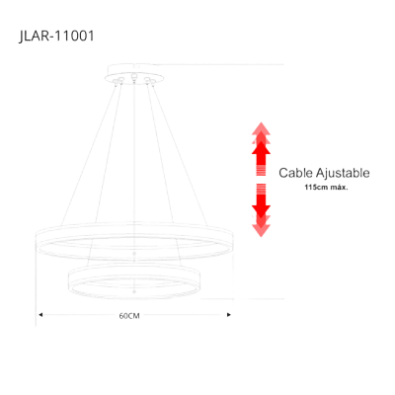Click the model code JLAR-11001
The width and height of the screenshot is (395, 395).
coord(56,36)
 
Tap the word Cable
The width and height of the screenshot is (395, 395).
coord(295,173)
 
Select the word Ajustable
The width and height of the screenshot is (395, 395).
coord(343,173)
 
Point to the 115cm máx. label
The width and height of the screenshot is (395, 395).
coord(326,188)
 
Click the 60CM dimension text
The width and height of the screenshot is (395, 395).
coord(129,316)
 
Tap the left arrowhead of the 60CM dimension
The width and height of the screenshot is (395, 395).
coord(40,315)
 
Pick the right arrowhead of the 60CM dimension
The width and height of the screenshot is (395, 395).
coord(229,315)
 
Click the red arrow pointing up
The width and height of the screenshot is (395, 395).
coord(261,149)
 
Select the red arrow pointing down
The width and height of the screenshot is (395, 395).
coord(261,210)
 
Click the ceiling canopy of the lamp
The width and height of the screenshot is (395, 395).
coord(133,74)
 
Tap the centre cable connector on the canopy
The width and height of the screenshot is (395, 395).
coord(133,78)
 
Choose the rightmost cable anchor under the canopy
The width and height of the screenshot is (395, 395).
coord(152,81)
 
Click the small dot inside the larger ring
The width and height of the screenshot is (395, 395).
coord(134,254)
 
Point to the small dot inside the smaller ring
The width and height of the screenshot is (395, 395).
coord(134,291)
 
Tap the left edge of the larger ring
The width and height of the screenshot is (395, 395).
coord(37,242)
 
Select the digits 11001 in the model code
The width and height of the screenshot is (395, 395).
coord(74,36)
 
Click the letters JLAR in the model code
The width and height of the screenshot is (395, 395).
coord(33,37)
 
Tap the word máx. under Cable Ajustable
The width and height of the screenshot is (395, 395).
coord(340,188)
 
